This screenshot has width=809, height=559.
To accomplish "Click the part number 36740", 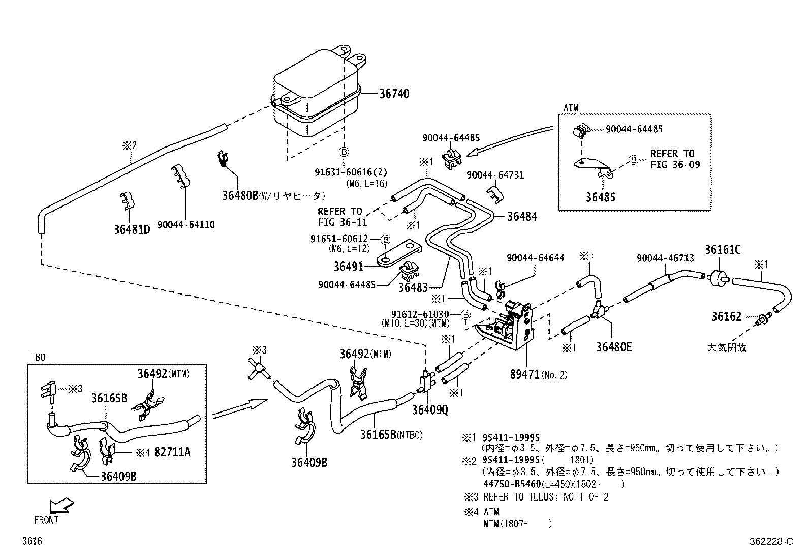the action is (x=394, y=94).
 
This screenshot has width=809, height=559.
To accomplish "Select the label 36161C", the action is (x=722, y=250).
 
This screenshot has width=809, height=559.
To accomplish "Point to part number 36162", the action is (x=726, y=317).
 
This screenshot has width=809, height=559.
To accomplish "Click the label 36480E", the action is (x=614, y=347).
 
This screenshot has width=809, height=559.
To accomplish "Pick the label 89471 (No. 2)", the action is (x=539, y=375).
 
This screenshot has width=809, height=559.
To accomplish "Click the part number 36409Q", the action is (x=430, y=410).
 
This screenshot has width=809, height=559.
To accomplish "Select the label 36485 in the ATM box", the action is (x=600, y=197).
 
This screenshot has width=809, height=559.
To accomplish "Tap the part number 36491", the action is (x=349, y=267).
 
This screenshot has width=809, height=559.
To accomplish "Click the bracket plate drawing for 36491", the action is (x=399, y=254).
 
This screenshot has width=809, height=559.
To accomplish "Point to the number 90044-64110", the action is (x=185, y=225).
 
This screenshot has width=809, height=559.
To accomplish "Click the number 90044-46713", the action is (x=665, y=258).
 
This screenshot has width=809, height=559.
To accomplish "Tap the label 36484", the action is (x=522, y=216).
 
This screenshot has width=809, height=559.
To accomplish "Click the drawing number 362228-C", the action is (x=769, y=542).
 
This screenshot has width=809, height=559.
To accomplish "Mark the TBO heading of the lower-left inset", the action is (x=38, y=358).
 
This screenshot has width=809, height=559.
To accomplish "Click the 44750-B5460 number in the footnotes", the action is (x=511, y=484).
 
